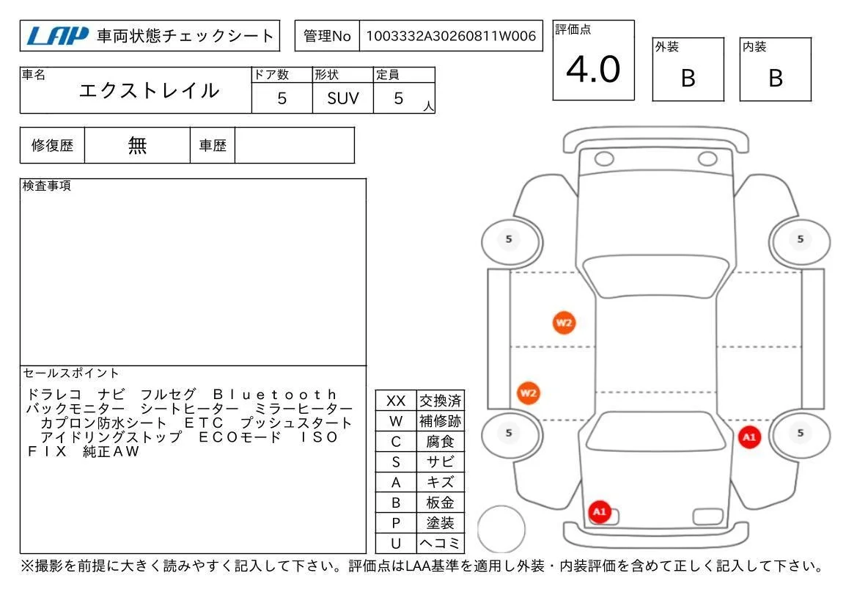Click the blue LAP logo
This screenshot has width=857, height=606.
click(57, 36)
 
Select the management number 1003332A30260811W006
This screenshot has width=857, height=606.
click(451, 36)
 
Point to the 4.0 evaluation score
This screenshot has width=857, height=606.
click(593, 70)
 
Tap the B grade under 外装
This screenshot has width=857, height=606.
click(688, 79)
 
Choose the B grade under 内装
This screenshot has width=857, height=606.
click(776, 79)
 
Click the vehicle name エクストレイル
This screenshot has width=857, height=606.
click(149, 91)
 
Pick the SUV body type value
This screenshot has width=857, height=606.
click(343, 98)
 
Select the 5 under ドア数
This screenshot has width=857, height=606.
click(282, 98)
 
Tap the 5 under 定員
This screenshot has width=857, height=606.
click(398, 98)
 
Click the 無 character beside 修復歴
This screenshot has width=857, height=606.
click(137, 145)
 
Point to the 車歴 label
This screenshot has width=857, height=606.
click(213, 145)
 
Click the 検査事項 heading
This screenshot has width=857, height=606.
click(46, 186)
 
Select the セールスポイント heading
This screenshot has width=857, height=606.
click(71, 373)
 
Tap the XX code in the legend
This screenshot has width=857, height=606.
click(396, 401)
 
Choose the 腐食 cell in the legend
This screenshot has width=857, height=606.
click(440, 442)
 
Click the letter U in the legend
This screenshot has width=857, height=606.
click(396, 544)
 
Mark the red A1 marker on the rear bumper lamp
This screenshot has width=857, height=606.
click(600, 512)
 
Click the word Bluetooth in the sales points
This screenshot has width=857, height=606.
click(275, 394)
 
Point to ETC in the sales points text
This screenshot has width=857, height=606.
click(203, 423)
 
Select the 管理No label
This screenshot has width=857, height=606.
click(327, 36)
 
